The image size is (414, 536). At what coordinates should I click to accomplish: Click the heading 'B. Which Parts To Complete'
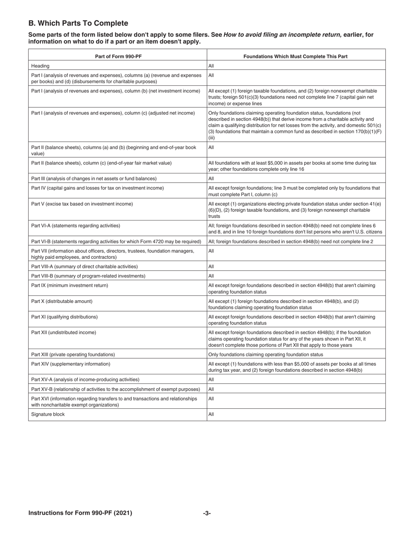[78, 24]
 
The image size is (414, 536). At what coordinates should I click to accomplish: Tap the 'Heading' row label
[40, 66]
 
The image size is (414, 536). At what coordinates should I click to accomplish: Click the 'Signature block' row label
[48, 414]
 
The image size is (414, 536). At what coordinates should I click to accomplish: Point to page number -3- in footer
[207, 513]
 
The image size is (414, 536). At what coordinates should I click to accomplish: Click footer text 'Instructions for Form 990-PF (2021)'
[80, 513]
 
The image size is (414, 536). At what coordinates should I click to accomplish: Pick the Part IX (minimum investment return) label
[70, 285]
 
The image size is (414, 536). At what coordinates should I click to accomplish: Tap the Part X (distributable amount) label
[62, 301]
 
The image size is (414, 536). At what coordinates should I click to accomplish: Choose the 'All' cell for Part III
[211, 178]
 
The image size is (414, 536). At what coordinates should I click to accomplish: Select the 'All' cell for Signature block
[211, 414]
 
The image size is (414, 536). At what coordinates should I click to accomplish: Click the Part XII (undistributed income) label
[64, 332]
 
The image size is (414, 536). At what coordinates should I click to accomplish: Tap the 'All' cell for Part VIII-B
[211, 276]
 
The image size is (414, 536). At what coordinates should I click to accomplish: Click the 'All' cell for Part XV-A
[211, 380]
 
